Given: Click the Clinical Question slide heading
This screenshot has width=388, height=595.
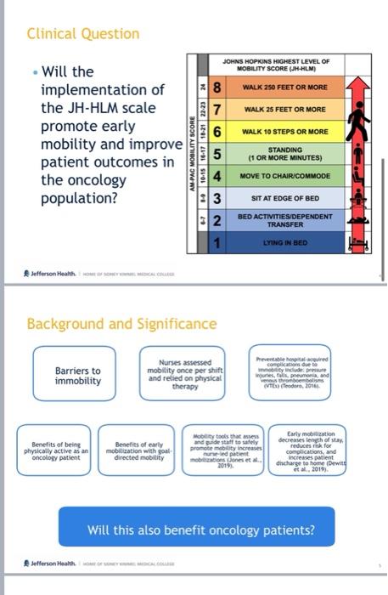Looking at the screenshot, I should pos(83,34).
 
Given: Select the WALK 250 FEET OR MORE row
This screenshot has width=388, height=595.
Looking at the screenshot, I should pos(285,88).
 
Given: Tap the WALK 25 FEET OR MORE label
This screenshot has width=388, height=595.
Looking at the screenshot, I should pos(285,110).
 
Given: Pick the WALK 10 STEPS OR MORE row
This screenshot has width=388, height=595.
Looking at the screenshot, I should pos(285,132).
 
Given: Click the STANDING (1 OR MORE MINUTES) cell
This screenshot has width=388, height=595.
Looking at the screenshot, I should pos(285,154).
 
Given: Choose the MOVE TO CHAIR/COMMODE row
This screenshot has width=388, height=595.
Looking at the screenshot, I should pos(285,176).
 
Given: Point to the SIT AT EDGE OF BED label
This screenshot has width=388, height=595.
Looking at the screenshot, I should pos(285,198).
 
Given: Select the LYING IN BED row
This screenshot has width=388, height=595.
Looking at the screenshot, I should pos(285,243).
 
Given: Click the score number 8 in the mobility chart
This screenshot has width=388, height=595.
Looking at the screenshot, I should pos(217,88).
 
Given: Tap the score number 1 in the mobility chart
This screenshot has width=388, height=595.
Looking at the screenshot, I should pos(217,243).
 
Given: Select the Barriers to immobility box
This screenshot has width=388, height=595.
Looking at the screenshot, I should pos(78,376).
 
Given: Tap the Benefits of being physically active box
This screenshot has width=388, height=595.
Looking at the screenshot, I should pos(55,449).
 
